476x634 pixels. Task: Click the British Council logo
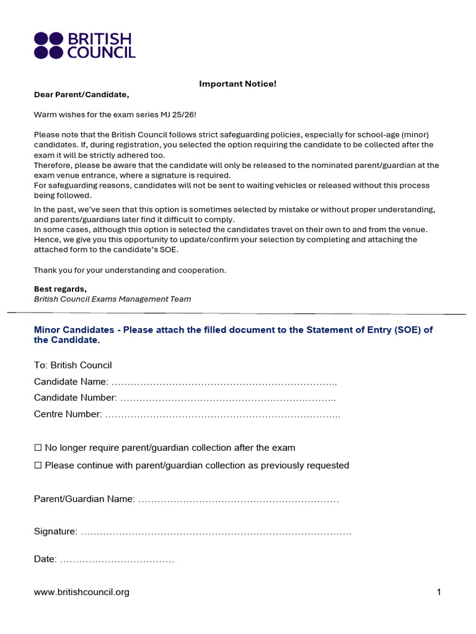click(x=84, y=45)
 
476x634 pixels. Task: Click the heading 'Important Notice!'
click(x=237, y=84)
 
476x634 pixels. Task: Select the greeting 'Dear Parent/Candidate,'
click(x=81, y=95)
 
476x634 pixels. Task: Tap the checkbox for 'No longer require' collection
click(x=38, y=448)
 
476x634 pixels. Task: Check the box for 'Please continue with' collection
click(x=38, y=466)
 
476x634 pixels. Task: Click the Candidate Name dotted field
click(x=224, y=382)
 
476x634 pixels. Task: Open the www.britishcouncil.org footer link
click(x=81, y=593)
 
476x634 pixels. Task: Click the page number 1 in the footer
click(x=439, y=593)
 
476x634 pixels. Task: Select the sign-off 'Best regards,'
click(x=60, y=289)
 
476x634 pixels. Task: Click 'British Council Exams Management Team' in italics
click(x=112, y=299)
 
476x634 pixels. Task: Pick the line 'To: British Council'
click(x=73, y=365)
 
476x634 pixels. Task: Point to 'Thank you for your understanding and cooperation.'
click(x=130, y=270)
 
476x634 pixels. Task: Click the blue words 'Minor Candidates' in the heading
click(x=74, y=330)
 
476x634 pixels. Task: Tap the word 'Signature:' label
click(x=56, y=532)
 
